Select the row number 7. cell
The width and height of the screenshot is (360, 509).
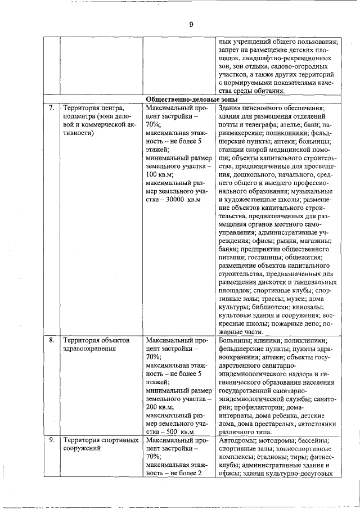(x=51, y=107)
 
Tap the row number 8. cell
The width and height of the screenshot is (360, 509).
(x=51, y=340)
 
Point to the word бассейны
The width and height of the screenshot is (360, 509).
(x=317, y=439)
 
